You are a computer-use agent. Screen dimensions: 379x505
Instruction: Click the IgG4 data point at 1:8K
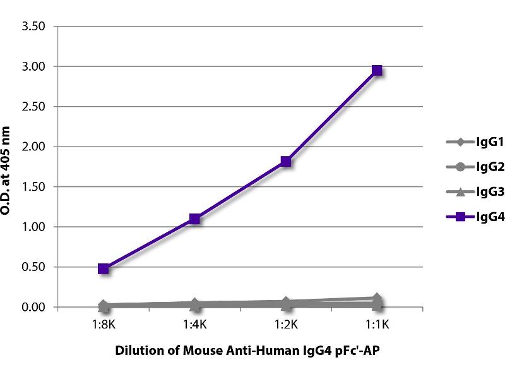[104, 268]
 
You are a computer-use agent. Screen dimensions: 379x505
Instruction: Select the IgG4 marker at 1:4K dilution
[194, 219]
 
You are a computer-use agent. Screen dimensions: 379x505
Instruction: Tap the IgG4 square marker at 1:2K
[286, 161]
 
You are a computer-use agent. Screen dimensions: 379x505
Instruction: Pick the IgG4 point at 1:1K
[377, 70]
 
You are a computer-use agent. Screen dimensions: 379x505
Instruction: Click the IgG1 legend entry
[467, 141]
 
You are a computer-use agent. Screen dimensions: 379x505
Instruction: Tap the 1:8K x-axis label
[104, 326]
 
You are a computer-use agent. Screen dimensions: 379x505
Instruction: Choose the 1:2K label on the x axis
[286, 326]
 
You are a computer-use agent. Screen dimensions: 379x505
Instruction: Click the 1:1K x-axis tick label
[377, 326]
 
